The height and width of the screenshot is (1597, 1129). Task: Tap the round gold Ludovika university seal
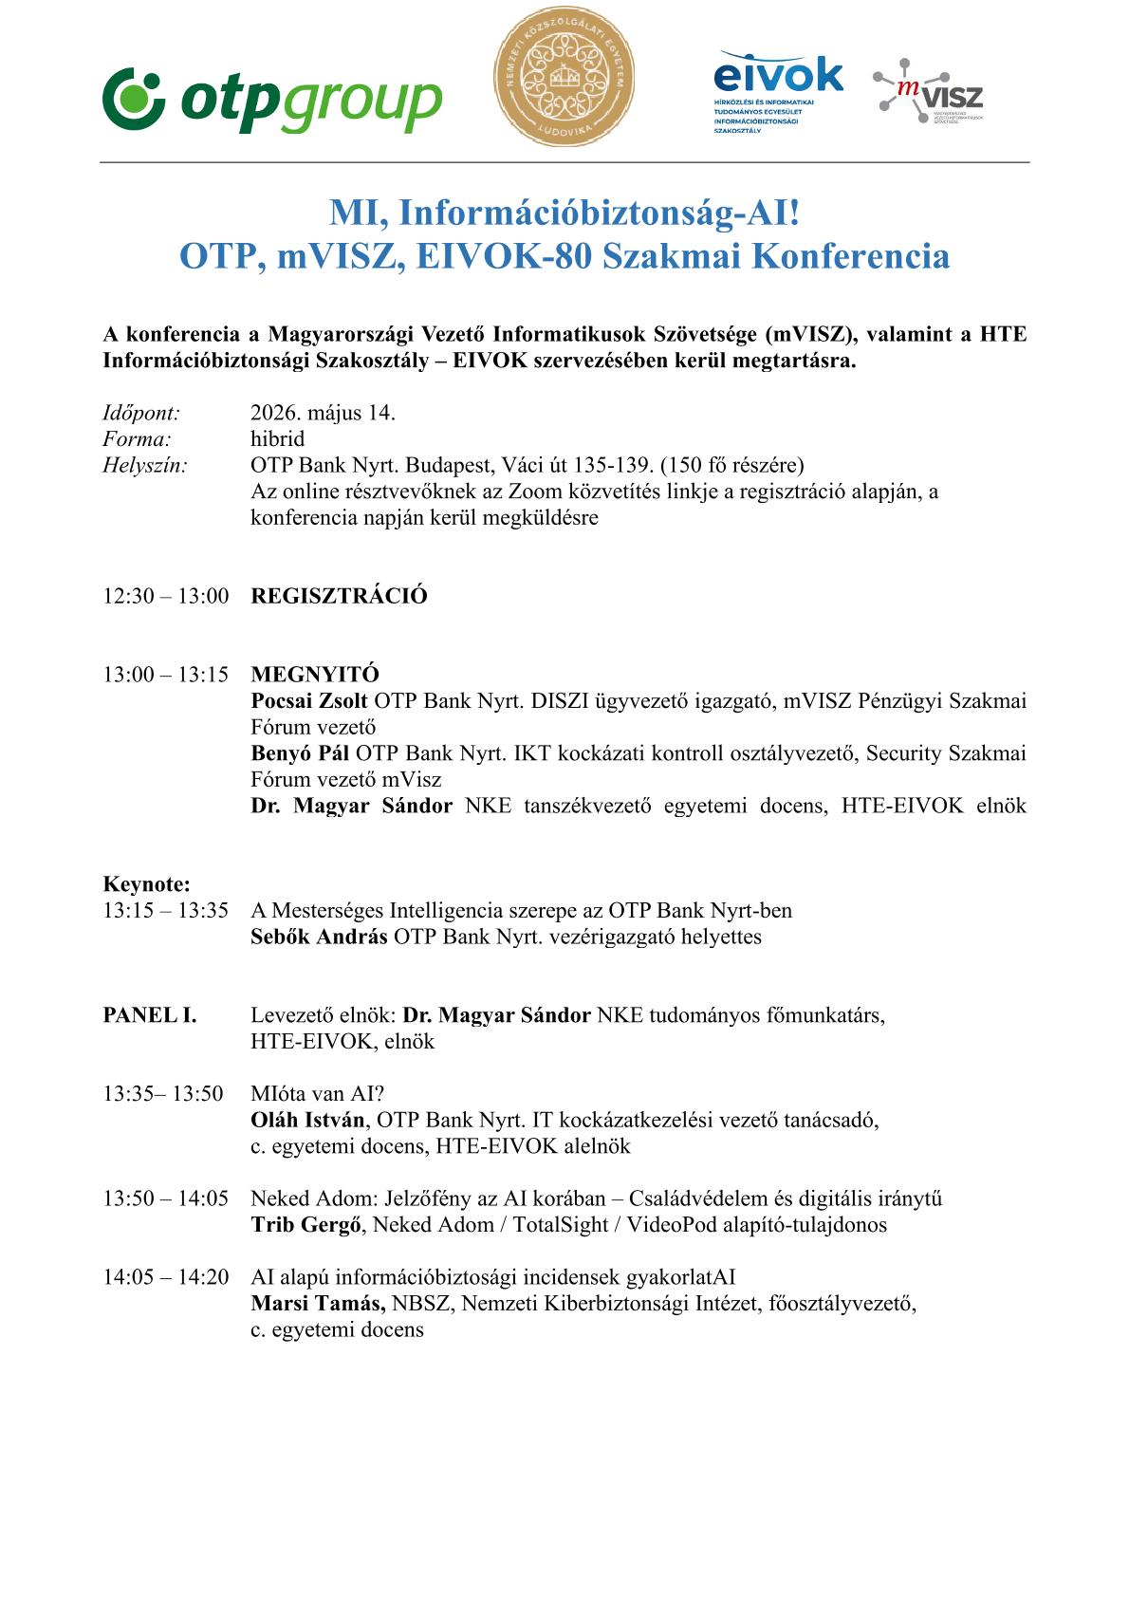pos(564,77)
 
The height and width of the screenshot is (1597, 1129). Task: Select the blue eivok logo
pos(777,91)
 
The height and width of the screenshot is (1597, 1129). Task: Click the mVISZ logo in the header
pos(928,91)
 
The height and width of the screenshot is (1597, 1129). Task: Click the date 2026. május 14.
pos(323,413)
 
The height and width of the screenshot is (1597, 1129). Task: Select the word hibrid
pos(277,438)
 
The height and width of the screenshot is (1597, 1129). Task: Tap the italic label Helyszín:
pos(144,465)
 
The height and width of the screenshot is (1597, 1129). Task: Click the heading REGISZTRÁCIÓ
pos(339,596)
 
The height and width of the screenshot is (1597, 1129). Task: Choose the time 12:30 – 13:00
pos(166,596)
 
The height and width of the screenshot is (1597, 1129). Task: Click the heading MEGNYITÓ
pos(315,675)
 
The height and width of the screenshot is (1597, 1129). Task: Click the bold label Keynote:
pos(146,884)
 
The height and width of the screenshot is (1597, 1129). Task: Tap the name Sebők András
pos(319,937)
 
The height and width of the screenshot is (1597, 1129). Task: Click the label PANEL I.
pos(150,1015)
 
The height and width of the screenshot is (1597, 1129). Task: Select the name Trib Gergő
pos(306,1224)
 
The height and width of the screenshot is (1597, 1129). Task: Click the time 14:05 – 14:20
pos(166,1277)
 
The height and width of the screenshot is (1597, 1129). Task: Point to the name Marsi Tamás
pos(318,1303)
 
